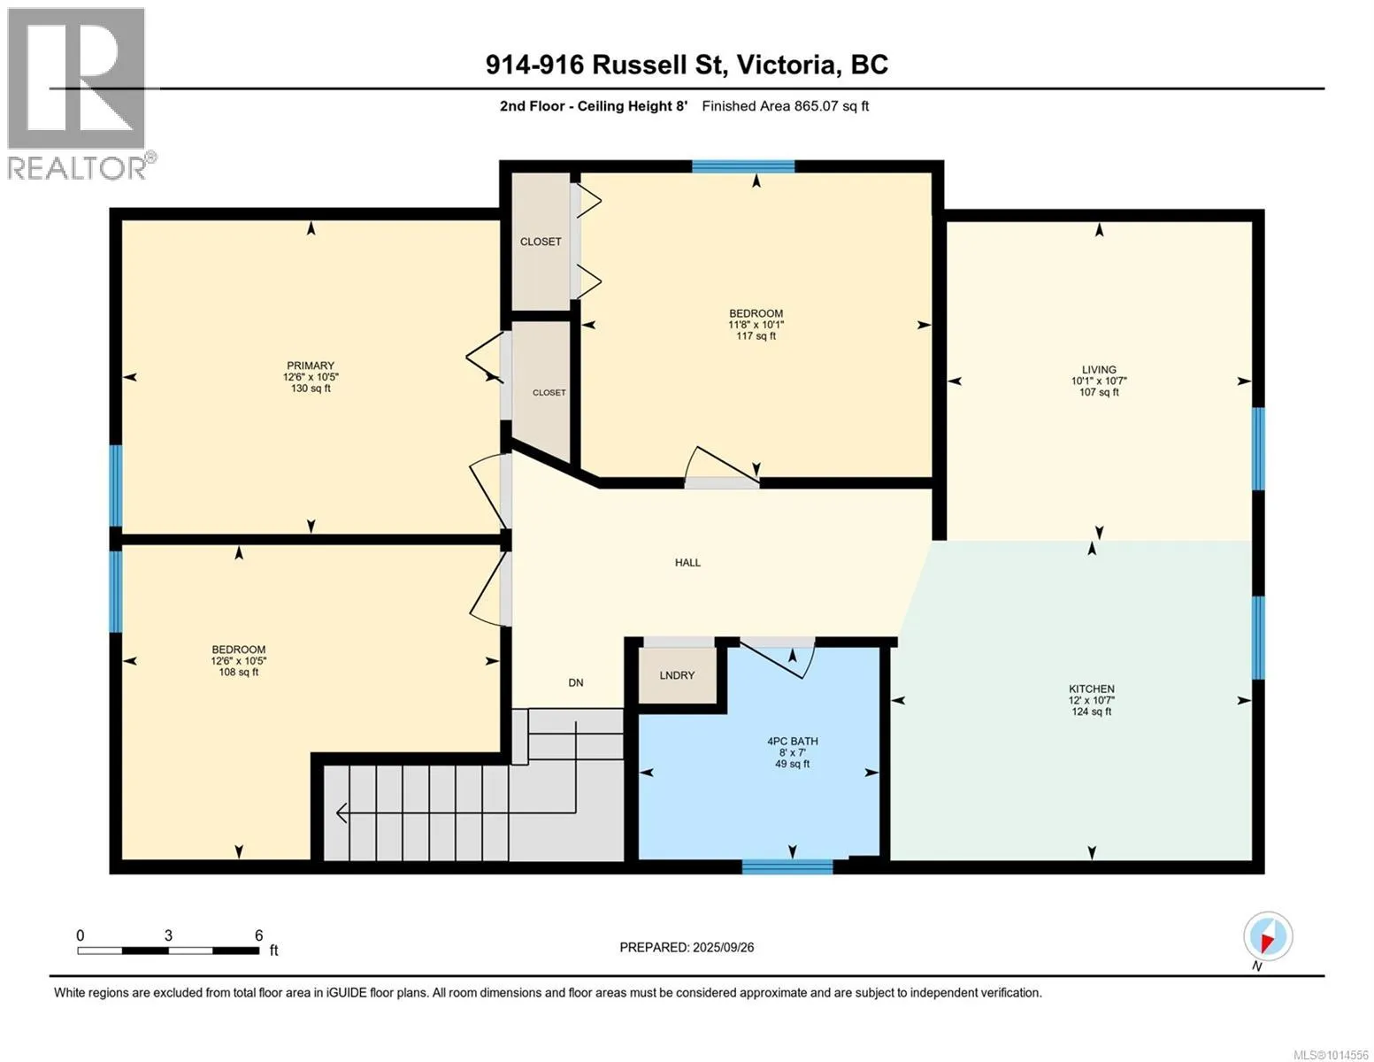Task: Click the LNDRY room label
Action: click(677, 675)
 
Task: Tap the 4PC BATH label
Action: click(792, 741)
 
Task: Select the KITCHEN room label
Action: click(1092, 689)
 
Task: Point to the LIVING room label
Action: click(1099, 369)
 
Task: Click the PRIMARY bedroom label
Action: click(311, 366)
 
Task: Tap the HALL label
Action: click(687, 562)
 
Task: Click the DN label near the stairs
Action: click(575, 682)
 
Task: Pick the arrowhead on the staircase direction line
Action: click(342, 812)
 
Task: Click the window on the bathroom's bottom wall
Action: click(787, 866)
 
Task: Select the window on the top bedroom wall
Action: click(743, 166)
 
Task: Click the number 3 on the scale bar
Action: click(168, 935)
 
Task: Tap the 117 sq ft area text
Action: click(756, 336)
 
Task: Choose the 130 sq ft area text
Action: click(311, 389)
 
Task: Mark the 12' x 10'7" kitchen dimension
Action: click(1092, 700)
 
